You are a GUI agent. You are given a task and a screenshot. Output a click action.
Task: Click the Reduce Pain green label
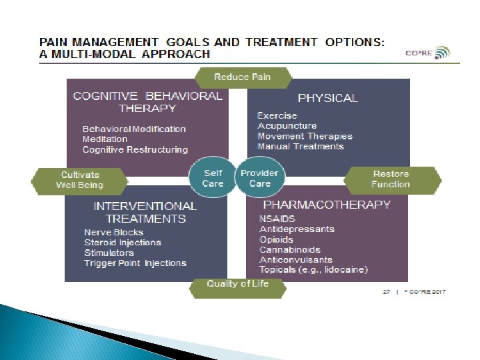(243, 77)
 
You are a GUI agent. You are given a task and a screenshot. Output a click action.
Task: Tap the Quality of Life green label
(237, 284)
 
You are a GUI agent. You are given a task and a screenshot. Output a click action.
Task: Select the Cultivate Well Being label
(79, 180)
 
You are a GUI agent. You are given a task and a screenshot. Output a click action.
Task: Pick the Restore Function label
(391, 179)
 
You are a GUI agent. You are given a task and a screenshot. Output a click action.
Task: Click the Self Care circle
(213, 179)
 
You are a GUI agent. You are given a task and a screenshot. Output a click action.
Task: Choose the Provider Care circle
(260, 179)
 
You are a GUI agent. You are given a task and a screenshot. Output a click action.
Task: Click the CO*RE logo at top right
(427, 53)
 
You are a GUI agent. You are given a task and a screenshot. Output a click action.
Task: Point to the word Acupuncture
(287, 126)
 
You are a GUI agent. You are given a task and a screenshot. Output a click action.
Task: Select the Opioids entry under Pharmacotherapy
(276, 239)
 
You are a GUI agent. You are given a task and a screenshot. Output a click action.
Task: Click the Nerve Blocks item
(113, 233)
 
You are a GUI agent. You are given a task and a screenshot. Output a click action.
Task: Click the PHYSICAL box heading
(327, 98)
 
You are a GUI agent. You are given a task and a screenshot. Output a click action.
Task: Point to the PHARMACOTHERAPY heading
(327, 205)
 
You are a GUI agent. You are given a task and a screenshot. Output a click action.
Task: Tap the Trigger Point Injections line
(135, 263)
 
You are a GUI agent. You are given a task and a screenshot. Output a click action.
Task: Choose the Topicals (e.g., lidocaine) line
(313, 270)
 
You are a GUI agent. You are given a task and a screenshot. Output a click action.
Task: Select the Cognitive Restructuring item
(135, 150)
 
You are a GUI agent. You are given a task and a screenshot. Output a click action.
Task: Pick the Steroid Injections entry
(123, 243)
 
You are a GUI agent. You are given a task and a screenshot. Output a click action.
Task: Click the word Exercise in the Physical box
(277, 116)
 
